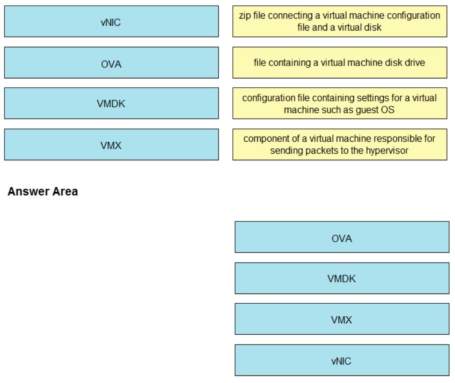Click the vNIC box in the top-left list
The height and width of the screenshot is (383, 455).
point(111,22)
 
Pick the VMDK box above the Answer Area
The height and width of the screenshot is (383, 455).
point(111,104)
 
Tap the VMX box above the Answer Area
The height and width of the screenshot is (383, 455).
point(111,145)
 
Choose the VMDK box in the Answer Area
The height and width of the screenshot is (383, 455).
point(342,279)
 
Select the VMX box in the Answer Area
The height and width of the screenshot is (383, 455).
point(342,319)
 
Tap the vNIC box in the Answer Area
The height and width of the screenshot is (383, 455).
point(342,361)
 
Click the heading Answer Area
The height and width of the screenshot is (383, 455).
point(42,192)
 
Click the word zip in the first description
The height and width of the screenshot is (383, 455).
point(245,15)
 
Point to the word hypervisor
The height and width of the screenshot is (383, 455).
point(387,151)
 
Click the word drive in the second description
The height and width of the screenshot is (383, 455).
point(415,63)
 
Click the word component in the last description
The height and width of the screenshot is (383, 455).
point(264,139)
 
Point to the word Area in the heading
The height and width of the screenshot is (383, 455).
point(65,192)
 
